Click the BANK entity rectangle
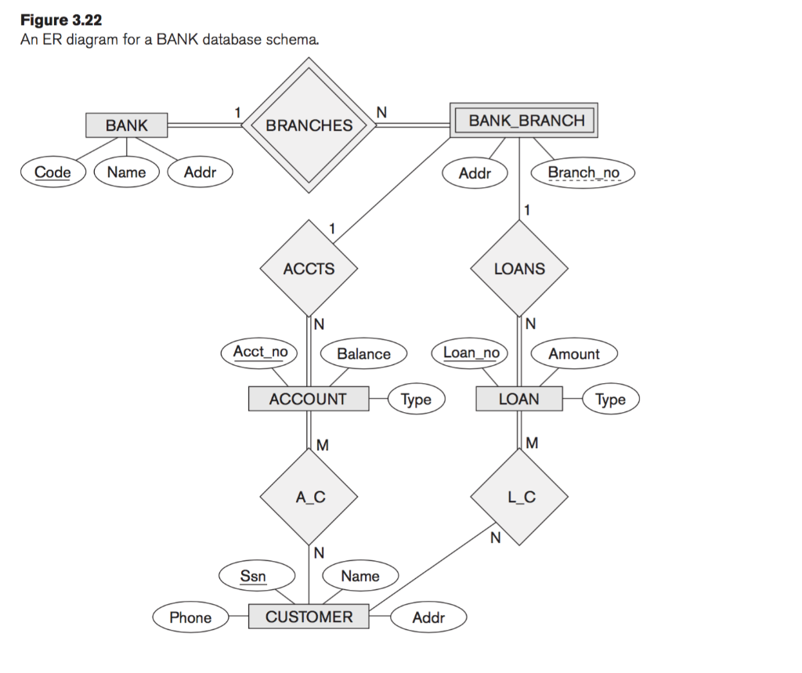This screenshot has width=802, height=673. point(126,125)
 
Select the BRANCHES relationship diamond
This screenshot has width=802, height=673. point(309,125)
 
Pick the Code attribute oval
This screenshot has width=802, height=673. point(53,172)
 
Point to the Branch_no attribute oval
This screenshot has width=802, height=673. point(583,172)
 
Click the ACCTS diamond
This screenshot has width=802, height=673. point(309,269)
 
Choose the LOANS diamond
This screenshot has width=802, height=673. point(518,269)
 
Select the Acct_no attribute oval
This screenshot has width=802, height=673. point(260,353)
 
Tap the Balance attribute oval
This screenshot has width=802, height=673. point(363,354)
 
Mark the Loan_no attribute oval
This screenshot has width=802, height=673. point(471,353)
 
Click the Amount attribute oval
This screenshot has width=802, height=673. point(573,354)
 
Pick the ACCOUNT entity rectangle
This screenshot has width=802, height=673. point(308,399)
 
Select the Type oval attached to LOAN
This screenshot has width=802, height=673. point(610,400)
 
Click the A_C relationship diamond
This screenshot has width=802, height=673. point(309,497)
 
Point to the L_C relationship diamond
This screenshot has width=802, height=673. point(518,497)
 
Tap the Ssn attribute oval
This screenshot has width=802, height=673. point(253,577)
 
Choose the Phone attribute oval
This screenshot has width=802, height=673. point(190,617)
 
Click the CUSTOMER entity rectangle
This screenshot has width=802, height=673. point(309,617)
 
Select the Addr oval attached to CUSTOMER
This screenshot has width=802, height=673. point(428,617)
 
